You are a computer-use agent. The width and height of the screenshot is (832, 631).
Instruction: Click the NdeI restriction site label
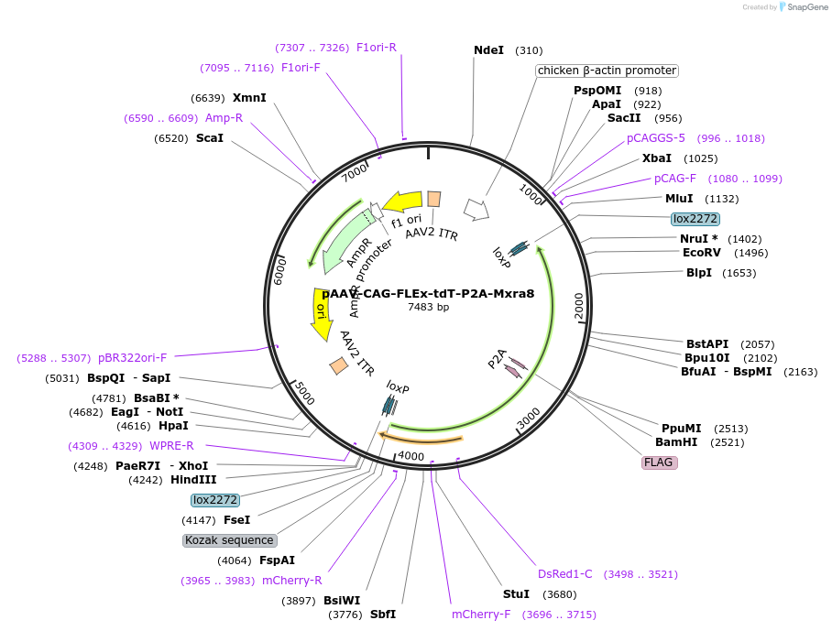[x=488, y=50]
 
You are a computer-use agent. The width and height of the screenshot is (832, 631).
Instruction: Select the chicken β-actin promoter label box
[x=607, y=71]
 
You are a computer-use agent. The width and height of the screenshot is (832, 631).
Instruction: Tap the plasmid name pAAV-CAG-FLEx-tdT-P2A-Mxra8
[x=428, y=293]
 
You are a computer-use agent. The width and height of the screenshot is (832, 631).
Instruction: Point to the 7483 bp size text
[x=428, y=307]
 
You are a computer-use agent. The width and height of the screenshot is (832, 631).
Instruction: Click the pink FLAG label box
[x=659, y=462]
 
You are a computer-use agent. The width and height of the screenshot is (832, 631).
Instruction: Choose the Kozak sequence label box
[x=229, y=540]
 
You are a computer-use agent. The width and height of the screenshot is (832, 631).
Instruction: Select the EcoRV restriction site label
[x=701, y=253]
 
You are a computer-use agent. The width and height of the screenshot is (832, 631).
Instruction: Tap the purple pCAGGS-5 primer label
[x=656, y=138]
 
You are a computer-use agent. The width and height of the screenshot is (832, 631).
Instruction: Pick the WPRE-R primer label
[x=171, y=446]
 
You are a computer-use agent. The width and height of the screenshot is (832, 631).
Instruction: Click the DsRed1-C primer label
[x=565, y=574]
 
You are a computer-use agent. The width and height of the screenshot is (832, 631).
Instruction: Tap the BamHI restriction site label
[x=676, y=442]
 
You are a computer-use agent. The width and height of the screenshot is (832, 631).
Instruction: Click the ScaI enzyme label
[x=210, y=138]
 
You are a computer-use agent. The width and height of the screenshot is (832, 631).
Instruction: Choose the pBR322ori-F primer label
[x=133, y=358]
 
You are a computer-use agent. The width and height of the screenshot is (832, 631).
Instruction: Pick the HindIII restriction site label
[x=193, y=480]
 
